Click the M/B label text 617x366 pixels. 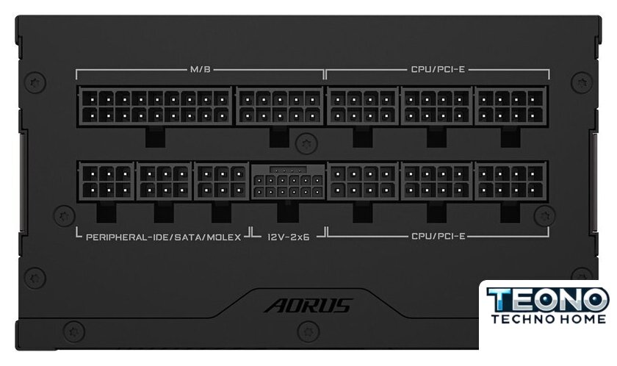click(201, 70)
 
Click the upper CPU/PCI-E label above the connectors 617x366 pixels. click(438, 70)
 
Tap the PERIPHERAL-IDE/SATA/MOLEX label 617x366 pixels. click(163, 237)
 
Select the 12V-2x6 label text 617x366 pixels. click(289, 237)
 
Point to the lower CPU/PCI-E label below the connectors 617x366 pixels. click(438, 237)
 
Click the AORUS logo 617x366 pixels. click(308, 306)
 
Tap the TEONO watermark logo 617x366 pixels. click(548, 300)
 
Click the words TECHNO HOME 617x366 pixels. click(549, 319)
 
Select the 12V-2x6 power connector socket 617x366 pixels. click(289, 182)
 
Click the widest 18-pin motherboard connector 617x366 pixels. click(156, 107)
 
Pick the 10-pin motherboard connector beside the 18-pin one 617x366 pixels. click(279, 107)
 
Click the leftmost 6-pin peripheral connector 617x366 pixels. click(107, 182)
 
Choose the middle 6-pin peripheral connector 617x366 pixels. click(164, 182)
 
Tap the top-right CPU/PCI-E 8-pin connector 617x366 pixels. click(510, 107)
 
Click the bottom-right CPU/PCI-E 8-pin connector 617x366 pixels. click(510, 182)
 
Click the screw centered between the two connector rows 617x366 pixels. click(306, 143)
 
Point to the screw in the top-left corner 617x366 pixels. click(35, 82)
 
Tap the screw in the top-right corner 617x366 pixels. click(582, 82)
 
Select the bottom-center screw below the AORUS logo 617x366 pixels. click(308, 331)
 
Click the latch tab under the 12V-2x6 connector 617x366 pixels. click(288, 212)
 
